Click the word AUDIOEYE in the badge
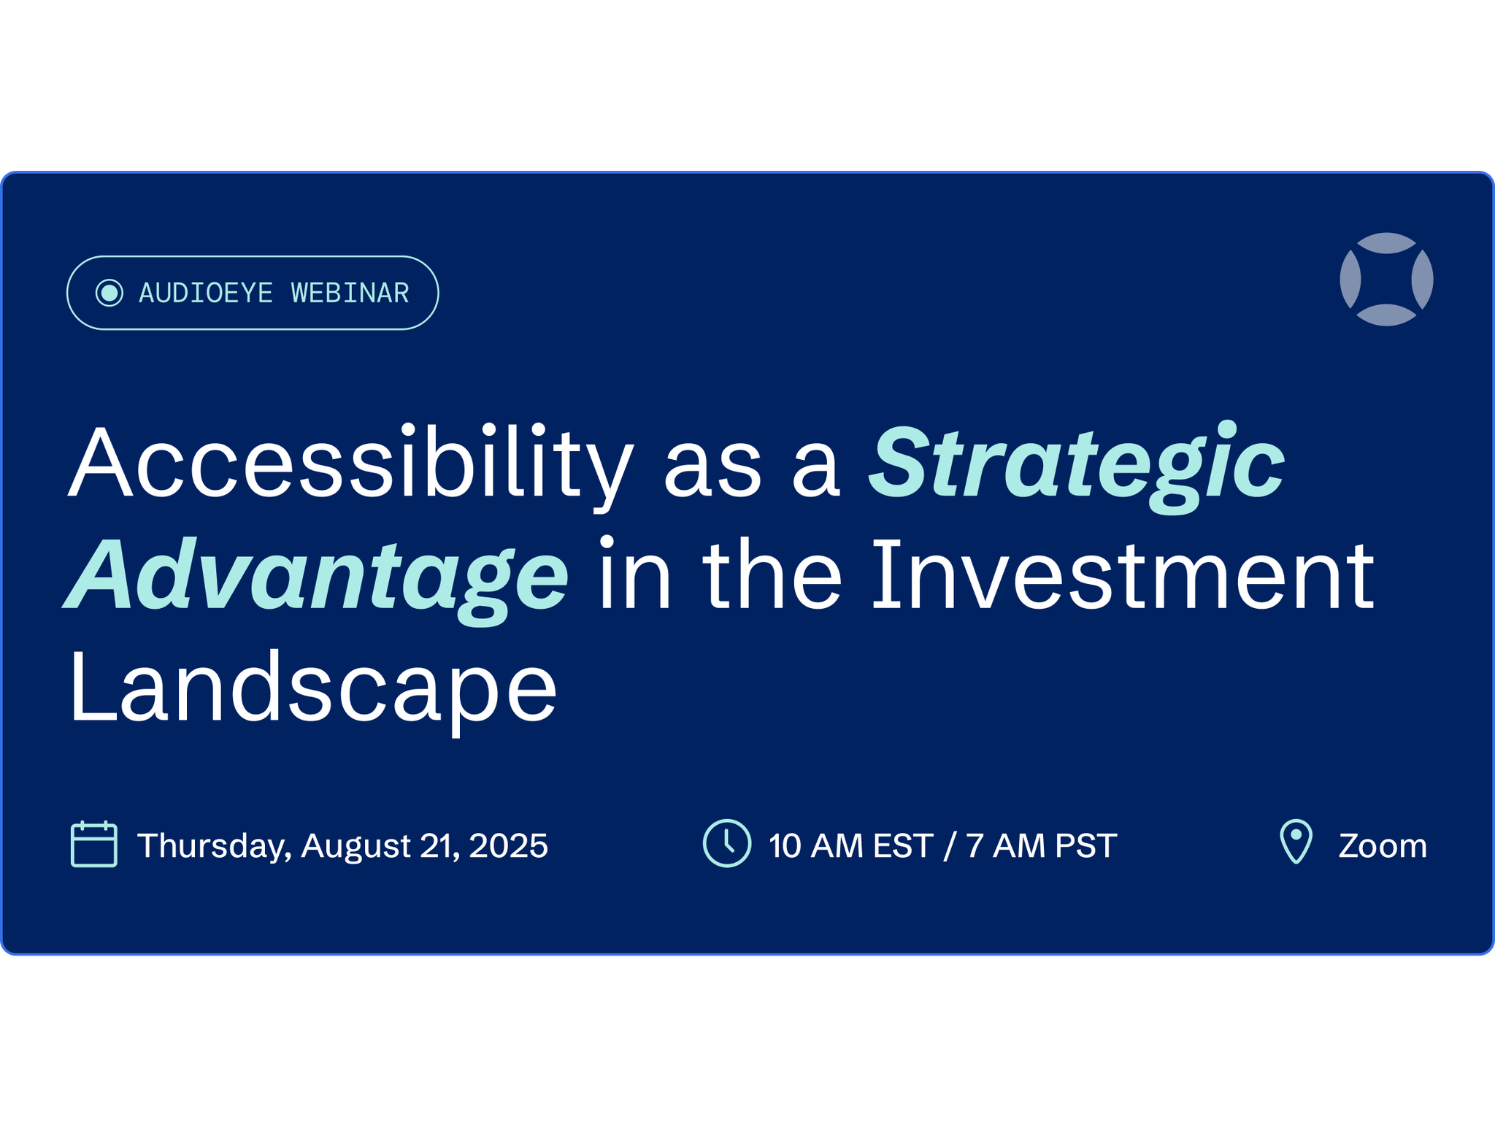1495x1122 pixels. (x=206, y=293)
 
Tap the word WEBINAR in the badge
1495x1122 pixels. (x=350, y=293)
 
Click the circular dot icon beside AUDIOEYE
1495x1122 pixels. (x=109, y=293)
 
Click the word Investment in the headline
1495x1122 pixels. (x=1123, y=574)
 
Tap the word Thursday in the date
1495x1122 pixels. (x=214, y=846)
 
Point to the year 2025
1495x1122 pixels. (x=508, y=846)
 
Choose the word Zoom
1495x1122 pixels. (x=1383, y=846)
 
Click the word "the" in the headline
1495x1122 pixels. (x=773, y=574)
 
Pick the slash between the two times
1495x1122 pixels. (x=950, y=846)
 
